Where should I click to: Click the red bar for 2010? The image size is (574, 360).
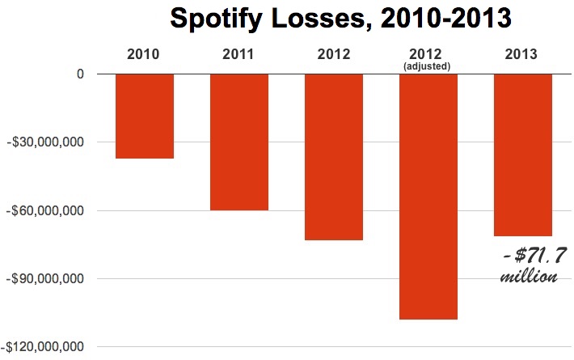[145, 116]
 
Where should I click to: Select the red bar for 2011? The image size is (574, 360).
[239, 142]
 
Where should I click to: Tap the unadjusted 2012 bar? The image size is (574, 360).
[334, 157]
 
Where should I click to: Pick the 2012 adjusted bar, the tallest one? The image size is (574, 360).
[428, 197]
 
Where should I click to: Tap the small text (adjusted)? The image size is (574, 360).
[428, 66]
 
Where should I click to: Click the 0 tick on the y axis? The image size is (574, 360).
[80, 74]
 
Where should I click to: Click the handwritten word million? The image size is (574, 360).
[529, 277]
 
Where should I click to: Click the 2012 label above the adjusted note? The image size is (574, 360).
[428, 55]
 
